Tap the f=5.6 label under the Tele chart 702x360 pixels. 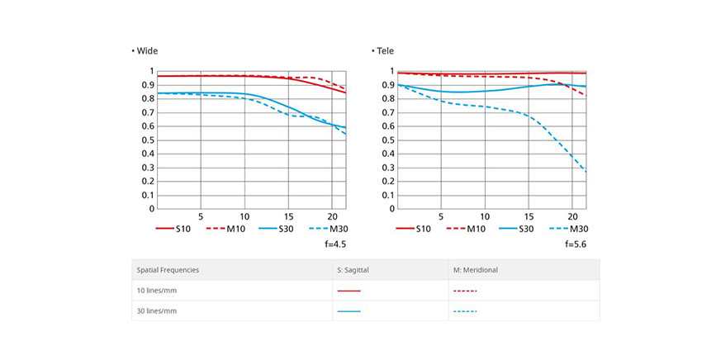(x=576, y=245)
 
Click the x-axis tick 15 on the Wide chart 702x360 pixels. (x=288, y=216)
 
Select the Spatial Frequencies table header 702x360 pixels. (x=168, y=270)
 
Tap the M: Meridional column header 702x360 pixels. (x=476, y=270)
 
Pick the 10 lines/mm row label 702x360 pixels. (x=157, y=291)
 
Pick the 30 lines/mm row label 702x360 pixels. (x=157, y=311)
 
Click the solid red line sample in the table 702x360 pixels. (x=349, y=291)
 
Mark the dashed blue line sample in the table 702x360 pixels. (x=466, y=311)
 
